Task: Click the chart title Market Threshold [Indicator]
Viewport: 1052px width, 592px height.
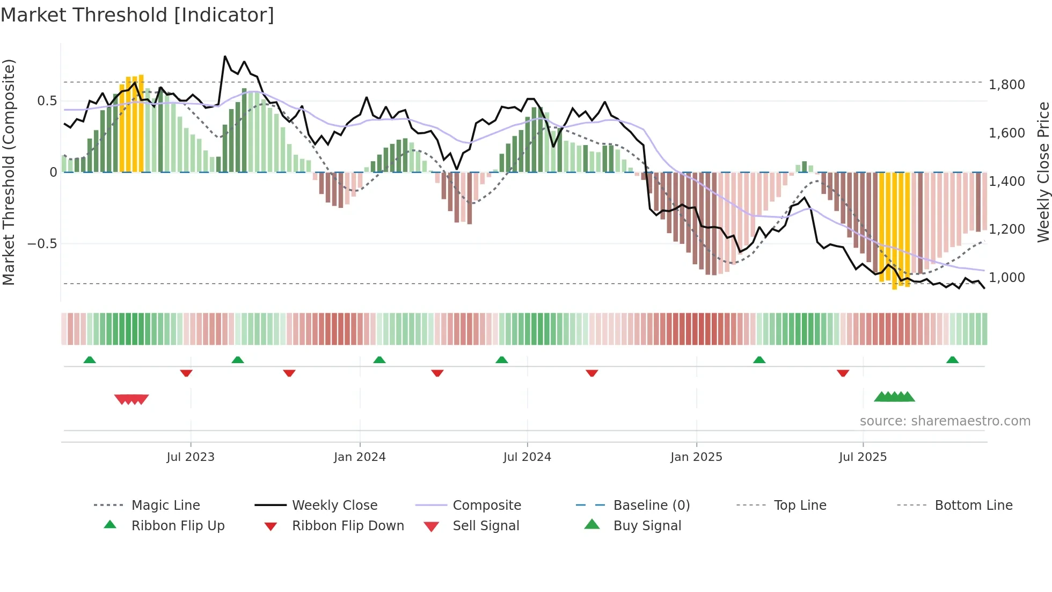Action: [x=137, y=15]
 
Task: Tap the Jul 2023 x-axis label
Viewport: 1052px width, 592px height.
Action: [x=190, y=457]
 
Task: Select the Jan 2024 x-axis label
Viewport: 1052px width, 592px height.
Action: [x=360, y=457]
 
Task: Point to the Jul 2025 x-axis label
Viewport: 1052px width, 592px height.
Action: [x=863, y=457]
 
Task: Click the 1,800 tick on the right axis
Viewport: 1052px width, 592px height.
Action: [x=1006, y=85]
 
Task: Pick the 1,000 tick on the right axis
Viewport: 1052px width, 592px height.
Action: [x=1006, y=278]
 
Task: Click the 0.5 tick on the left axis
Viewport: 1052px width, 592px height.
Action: [x=47, y=101]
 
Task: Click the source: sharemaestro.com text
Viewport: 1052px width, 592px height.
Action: [x=945, y=421]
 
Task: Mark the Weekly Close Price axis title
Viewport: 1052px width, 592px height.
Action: [x=1043, y=172]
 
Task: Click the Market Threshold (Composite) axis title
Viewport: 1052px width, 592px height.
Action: [x=9, y=172]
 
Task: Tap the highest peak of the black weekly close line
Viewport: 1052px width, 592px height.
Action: [x=225, y=56]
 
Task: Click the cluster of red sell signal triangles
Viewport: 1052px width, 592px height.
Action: [x=131, y=399]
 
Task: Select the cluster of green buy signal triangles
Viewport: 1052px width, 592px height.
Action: [x=894, y=397]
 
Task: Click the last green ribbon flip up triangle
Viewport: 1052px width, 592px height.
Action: [x=952, y=360]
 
